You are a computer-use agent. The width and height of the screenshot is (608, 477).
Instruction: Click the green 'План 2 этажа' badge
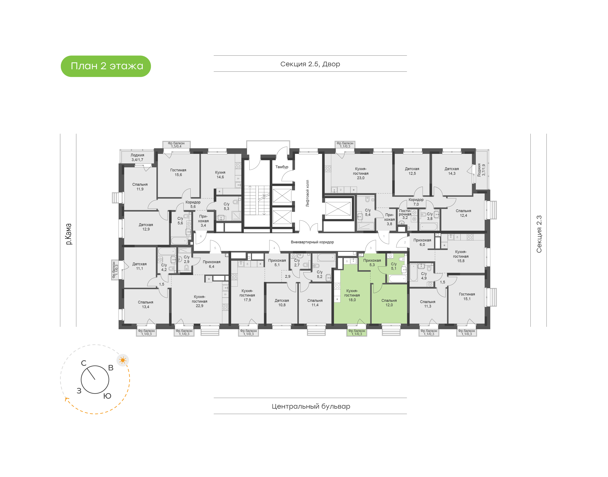106,66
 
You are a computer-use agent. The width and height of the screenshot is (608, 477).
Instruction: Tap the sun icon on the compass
123,360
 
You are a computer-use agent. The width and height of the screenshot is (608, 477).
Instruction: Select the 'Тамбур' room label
282,167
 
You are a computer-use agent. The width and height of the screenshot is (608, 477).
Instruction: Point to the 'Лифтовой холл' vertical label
308,193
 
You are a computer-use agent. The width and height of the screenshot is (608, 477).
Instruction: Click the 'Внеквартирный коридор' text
312,242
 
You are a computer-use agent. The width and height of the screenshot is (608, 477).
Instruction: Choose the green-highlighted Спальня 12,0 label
389,303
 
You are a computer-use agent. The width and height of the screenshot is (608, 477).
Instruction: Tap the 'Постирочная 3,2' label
405,214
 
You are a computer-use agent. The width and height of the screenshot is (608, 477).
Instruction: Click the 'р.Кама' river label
68,234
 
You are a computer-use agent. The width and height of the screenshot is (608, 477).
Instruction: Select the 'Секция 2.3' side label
539,234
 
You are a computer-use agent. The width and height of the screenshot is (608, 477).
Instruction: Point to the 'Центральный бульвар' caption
311,406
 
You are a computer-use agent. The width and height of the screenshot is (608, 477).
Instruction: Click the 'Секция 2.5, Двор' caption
310,64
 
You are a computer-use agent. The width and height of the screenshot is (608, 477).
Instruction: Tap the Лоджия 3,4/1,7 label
137,157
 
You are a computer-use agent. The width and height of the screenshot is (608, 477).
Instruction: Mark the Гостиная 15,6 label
178,172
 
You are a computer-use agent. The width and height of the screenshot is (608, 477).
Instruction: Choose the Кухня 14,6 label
220,175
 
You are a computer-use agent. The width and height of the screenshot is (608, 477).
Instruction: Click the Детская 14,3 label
452,171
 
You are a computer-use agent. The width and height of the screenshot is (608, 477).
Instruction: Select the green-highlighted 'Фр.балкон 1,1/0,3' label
357,332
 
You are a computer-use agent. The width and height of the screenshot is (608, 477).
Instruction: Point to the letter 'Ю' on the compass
107,396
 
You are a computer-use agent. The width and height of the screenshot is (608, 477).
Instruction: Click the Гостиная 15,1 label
467,296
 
